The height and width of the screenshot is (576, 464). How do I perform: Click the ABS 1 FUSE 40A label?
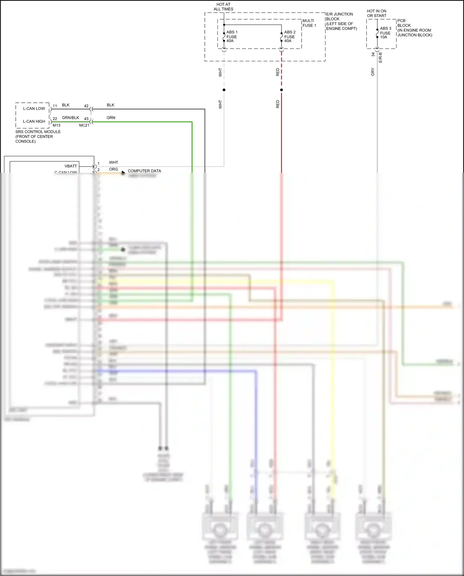[232, 37]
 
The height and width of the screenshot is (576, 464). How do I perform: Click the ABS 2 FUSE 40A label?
[290, 37]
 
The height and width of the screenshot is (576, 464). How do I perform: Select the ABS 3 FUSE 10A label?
[385, 33]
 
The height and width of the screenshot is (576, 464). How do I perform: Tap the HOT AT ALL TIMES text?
[223, 7]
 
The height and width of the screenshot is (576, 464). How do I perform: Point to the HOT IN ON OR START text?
[376, 13]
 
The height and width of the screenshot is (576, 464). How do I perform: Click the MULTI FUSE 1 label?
[309, 23]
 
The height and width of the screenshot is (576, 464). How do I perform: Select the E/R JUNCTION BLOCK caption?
[341, 21]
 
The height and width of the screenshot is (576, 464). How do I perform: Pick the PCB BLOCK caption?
[414, 28]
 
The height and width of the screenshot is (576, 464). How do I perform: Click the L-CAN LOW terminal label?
[34, 109]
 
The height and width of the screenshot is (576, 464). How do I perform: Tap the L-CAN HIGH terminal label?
[34, 121]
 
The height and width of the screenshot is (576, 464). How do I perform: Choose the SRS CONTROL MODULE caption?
[38, 136]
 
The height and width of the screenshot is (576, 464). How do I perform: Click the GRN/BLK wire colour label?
[71, 118]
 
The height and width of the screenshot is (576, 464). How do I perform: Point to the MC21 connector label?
[84, 125]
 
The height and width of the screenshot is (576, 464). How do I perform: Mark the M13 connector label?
[56, 125]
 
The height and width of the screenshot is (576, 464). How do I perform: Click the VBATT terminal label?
[71, 166]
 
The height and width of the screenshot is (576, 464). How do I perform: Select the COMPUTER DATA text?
[144, 171]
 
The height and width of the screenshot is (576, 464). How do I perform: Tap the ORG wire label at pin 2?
[113, 169]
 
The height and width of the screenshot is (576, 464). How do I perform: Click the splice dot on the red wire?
[281, 90]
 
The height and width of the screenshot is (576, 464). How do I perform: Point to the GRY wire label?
[373, 72]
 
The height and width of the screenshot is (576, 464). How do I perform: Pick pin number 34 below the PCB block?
[373, 54]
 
